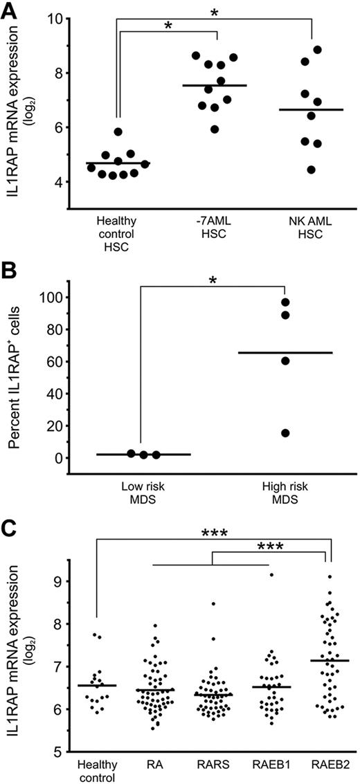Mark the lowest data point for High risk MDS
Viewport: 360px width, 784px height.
tap(285, 433)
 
